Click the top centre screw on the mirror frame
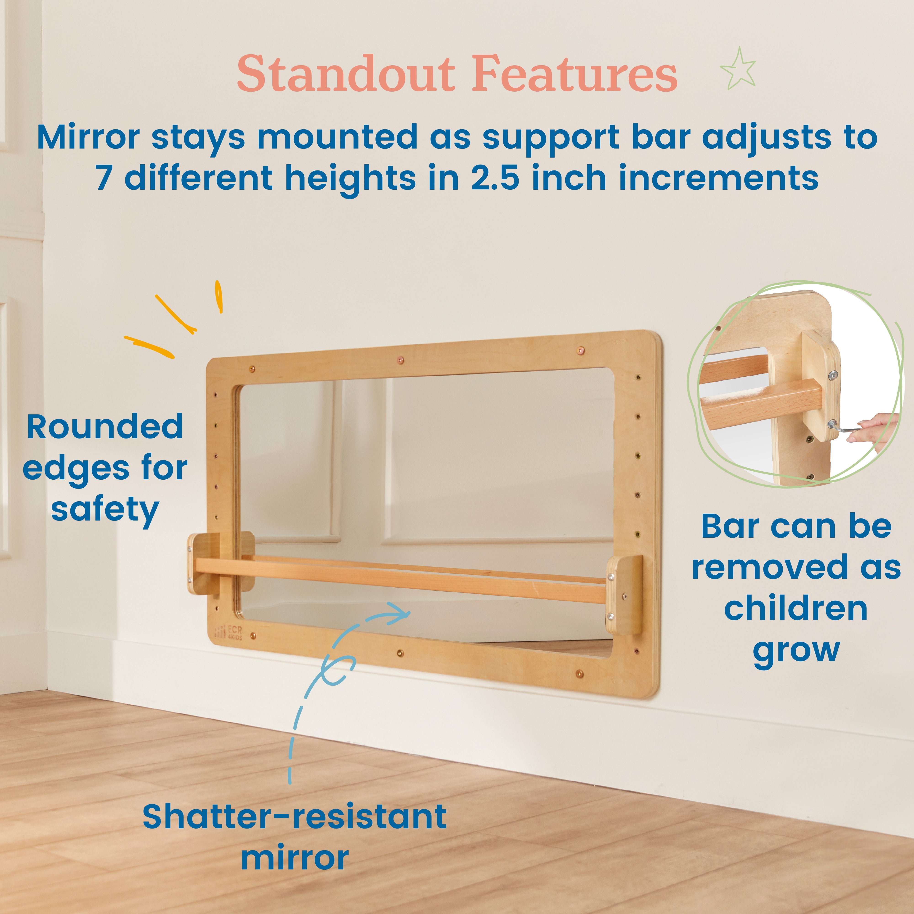coord(401,361)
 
